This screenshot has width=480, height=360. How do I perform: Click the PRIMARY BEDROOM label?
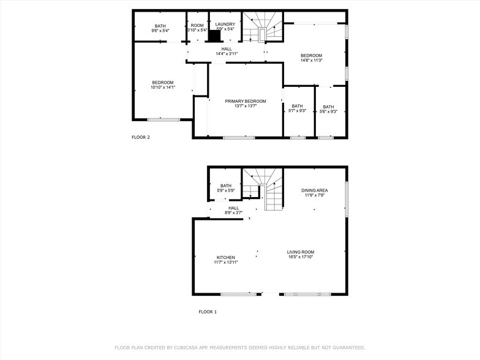tap(245, 101)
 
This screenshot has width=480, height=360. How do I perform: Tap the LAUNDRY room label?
tap(225, 24)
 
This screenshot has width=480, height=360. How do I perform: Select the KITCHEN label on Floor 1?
tap(225, 257)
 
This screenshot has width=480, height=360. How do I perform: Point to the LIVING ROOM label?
tap(301, 252)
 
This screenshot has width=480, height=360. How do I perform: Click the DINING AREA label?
tap(314, 190)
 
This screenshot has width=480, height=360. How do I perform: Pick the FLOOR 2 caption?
tap(141, 137)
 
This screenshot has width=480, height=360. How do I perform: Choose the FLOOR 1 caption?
tap(208, 312)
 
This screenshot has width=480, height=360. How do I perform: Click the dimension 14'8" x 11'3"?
tap(311, 60)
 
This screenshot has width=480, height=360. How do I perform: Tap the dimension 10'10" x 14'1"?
tap(163, 88)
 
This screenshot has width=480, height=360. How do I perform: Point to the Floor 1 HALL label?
tap(233, 208)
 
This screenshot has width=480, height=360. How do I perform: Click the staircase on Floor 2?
tap(262, 27)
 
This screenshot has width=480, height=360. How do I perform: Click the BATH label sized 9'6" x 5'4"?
tap(160, 26)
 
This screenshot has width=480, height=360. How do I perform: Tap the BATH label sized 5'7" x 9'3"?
tap(297, 106)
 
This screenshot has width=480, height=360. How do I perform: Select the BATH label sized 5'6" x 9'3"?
tap(329, 107)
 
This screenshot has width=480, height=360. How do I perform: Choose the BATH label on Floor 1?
tap(226, 186)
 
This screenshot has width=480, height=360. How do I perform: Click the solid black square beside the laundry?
tap(214, 36)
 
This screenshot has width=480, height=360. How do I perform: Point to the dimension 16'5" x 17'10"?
tap(301, 257)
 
